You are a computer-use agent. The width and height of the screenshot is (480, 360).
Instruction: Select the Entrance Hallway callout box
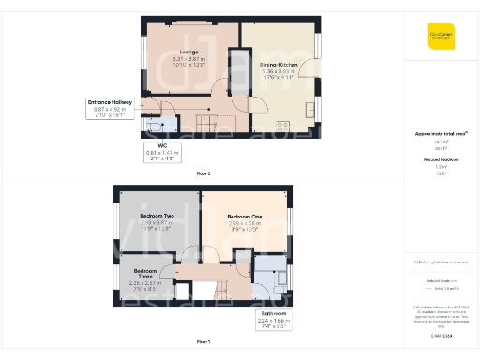coord(111,108)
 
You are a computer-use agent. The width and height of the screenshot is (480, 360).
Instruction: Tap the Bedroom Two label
coord(157,217)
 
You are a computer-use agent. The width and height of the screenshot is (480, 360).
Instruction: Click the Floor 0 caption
coord(202,174)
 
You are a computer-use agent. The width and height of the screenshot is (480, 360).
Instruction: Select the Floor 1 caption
coord(202,341)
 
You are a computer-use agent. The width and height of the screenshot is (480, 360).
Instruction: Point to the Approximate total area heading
coord(440,134)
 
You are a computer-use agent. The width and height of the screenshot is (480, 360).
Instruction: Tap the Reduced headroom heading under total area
coord(440,159)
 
